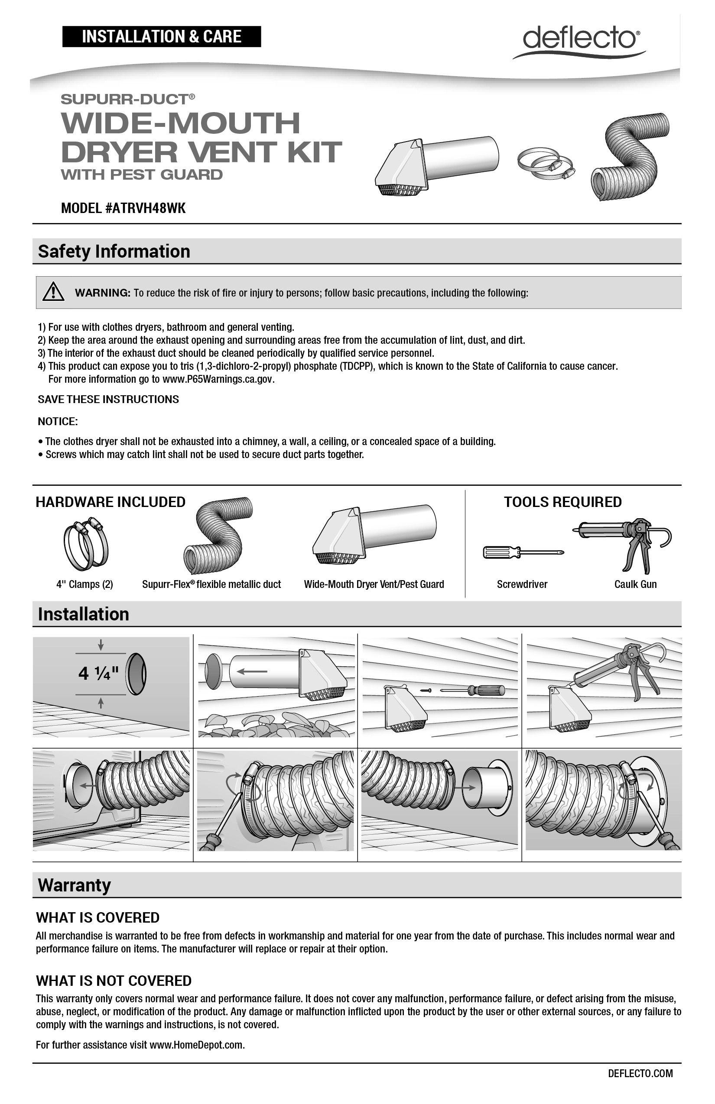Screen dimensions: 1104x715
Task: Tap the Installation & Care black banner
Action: coord(162,37)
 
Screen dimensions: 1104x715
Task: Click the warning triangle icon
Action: coord(53,292)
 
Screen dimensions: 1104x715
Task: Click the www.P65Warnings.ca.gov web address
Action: coord(218,379)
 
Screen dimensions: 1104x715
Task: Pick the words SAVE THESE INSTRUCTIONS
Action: coord(108,399)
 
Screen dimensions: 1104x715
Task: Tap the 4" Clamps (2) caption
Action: coord(84,584)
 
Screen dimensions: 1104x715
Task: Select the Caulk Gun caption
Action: coord(635,584)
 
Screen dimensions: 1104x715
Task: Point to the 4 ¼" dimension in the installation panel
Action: coord(98,673)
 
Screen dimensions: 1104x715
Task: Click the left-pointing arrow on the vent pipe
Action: coord(252,671)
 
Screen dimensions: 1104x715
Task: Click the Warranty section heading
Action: coord(74,885)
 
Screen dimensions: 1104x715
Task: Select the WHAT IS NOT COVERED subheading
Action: coord(114,981)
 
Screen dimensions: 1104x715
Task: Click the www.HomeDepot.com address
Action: coord(196,1045)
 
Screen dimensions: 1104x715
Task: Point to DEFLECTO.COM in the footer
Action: coord(640,1073)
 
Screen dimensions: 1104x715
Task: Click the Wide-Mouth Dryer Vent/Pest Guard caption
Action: coord(374,584)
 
